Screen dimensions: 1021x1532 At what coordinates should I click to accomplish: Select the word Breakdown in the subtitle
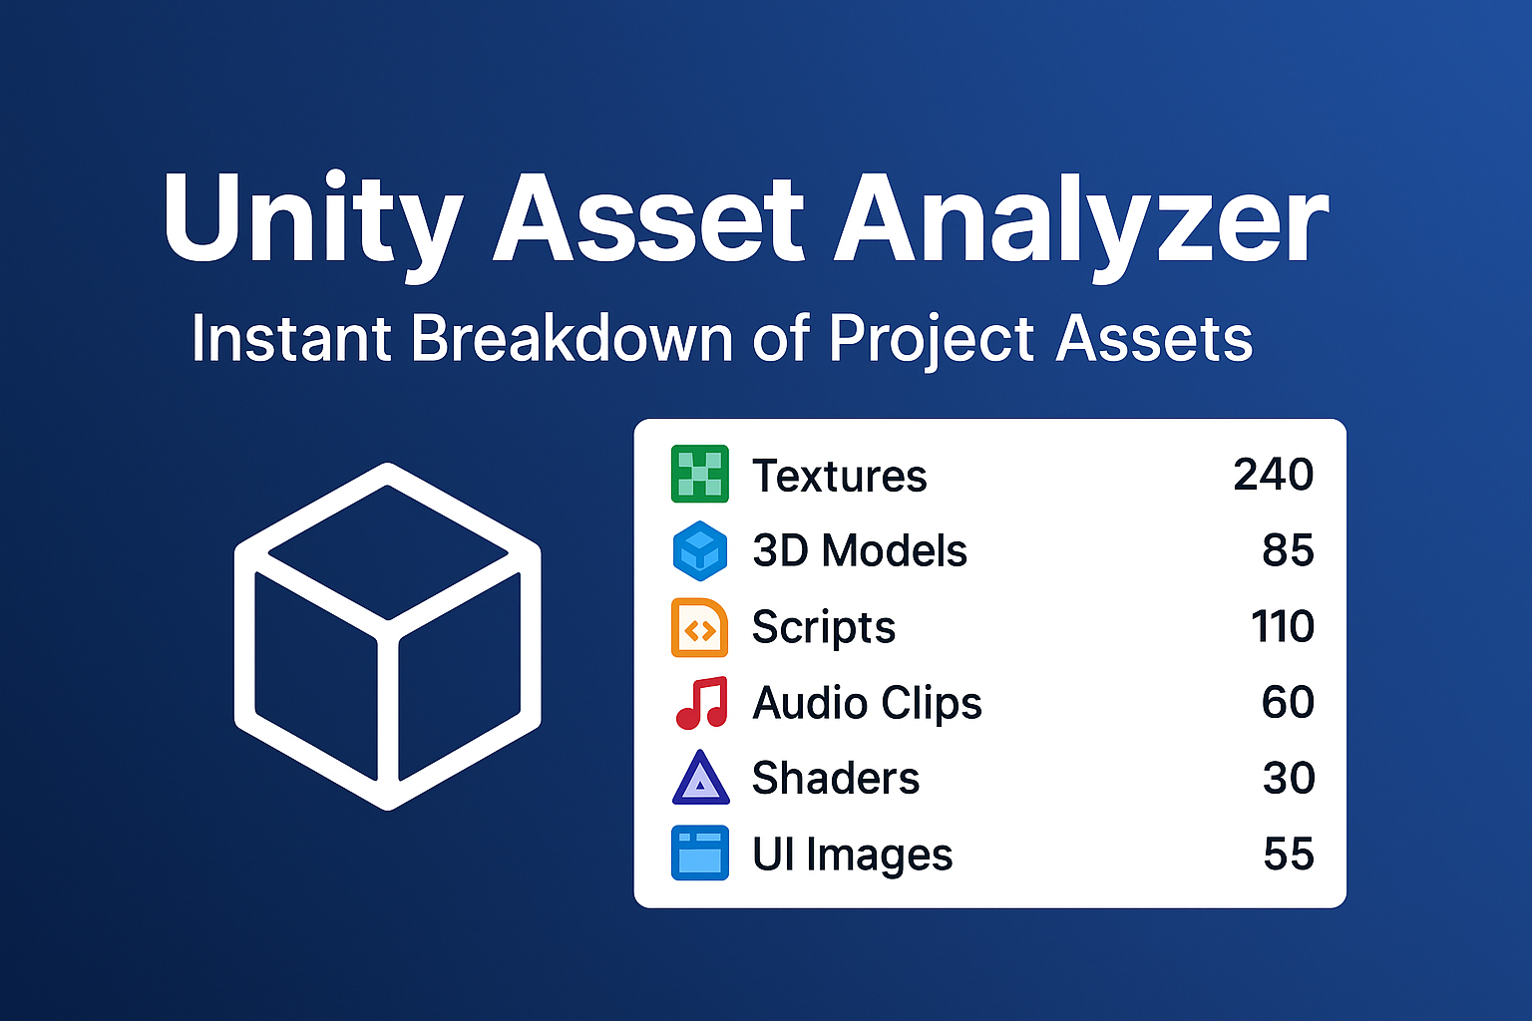(x=573, y=339)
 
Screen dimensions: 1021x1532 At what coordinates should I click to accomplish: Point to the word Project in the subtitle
(x=932, y=339)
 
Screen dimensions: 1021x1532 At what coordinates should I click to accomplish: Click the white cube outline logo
(x=388, y=636)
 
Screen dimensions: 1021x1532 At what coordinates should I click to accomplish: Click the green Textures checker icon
(x=700, y=475)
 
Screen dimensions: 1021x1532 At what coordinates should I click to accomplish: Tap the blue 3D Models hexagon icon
(x=700, y=550)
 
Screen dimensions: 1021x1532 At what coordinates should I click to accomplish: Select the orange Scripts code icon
(x=700, y=627)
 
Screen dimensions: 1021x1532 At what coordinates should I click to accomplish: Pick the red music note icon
(x=702, y=703)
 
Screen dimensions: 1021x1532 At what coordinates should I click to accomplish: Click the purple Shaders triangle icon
(x=701, y=779)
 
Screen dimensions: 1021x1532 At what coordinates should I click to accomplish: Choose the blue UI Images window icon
(x=700, y=853)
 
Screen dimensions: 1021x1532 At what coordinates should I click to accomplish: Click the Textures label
(x=839, y=476)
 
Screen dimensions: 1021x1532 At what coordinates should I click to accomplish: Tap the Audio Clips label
(x=867, y=703)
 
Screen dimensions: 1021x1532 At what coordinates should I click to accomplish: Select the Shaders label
(x=835, y=779)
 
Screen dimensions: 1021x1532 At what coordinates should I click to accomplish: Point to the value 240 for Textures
(x=1273, y=475)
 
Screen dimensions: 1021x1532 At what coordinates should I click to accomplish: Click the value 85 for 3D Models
(x=1288, y=550)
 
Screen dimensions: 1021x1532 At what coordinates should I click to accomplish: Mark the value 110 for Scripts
(x=1283, y=627)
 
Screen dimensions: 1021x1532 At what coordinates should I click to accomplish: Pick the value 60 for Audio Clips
(x=1288, y=703)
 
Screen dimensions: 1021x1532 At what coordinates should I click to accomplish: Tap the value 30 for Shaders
(x=1289, y=779)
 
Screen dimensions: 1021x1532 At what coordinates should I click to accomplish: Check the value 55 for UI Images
(x=1289, y=854)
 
